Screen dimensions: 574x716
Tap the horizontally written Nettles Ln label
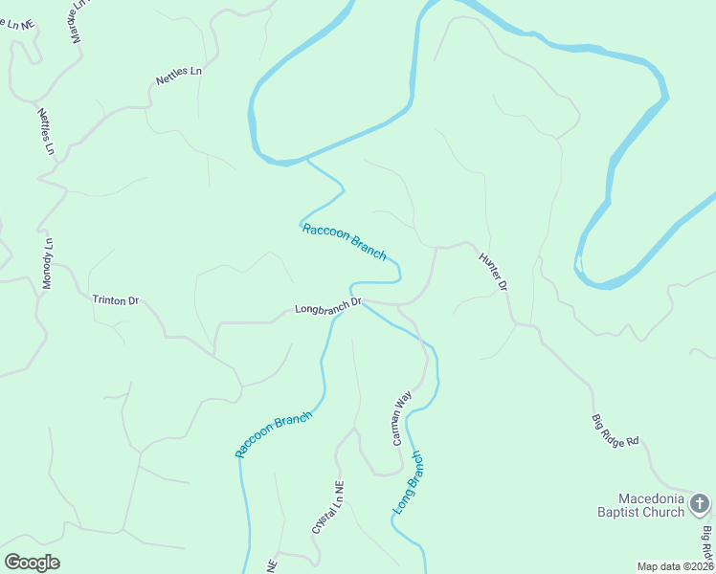[x=180, y=77]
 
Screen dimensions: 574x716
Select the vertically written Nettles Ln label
[x=46, y=132]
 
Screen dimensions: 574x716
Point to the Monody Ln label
[x=47, y=262]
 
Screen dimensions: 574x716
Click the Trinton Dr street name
[x=116, y=299]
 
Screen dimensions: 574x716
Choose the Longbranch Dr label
[x=327, y=307]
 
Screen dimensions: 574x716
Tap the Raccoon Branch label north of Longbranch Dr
[x=344, y=241]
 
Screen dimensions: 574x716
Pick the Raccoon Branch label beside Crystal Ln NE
[x=275, y=434]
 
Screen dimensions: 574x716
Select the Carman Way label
[x=401, y=417]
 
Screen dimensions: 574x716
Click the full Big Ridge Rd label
[x=615, y=431]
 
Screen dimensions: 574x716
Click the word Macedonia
[x=651, y=498]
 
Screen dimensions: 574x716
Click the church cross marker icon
[x=700, y=501]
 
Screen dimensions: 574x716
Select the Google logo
[x=32, y=563]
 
